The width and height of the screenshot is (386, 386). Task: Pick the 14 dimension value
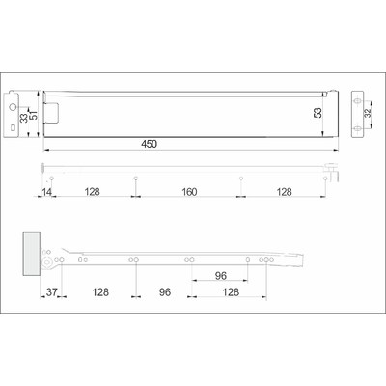coord(47,192)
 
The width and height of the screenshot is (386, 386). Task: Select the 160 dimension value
coord(188,192)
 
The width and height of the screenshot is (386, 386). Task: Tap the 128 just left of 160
coord(93,192)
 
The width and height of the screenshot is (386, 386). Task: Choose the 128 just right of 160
coord(286,192)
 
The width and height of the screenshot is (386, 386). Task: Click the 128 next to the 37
coord(99,290)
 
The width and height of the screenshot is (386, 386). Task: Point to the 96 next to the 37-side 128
coord(164,290)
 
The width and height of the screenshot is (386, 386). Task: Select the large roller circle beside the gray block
coord(46,257)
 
